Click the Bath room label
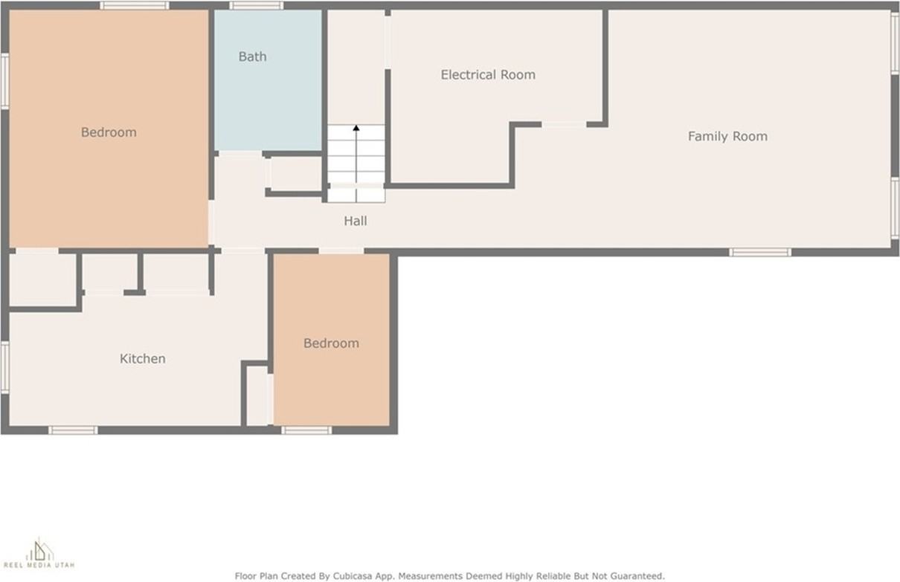[x=252, y=56]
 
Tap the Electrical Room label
[x=487, y=74]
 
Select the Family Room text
[x=727, y=136]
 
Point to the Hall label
[x=355, y=221]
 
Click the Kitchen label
[x=142, y=358]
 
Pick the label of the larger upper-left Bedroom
[x=109, y=132]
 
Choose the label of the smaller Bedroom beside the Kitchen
[x=331, y=343]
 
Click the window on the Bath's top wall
[x=256, y=6]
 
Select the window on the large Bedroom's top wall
[x=135, y=6]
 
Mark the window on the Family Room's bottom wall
[x=759, y=253]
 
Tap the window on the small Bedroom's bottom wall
[x=306, y=430]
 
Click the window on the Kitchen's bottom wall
[x=73, y=430]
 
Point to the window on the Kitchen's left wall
[x=4, y=366]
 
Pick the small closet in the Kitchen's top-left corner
[x=42, y=279]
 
